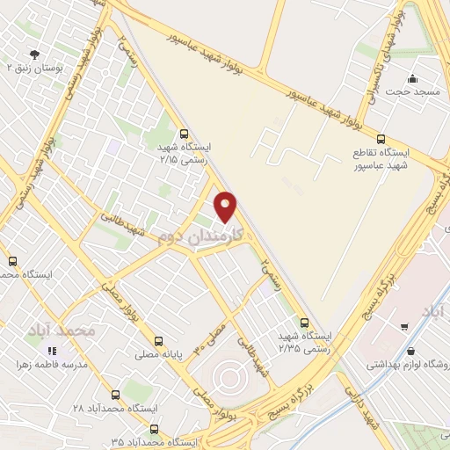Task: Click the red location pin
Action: [226, 207]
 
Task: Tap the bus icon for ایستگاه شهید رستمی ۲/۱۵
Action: [183, 134]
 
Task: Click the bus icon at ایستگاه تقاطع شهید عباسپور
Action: [381, 138]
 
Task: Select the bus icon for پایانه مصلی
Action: [158, 340]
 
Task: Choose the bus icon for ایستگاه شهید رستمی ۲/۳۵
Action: [304, 323]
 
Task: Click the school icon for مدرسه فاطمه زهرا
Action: [51, 351]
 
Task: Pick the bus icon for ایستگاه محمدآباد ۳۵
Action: [155, 430]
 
